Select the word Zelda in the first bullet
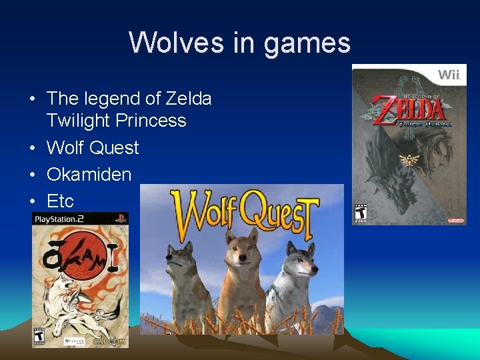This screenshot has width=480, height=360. pos(189,99)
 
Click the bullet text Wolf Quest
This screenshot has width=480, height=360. pos(93,147)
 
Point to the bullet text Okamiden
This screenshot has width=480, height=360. pos(89,174)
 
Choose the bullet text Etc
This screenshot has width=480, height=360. pos(60,201)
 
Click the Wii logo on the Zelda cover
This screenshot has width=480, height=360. pos(449,74)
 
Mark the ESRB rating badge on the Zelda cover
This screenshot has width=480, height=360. pos(361,211)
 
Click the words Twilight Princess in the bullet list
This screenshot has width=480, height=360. pos(116,121)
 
